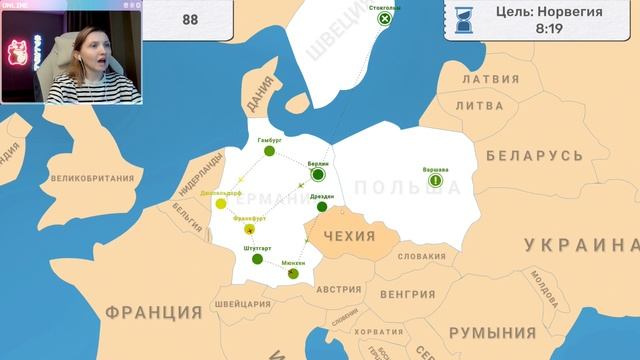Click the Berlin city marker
(318, 174)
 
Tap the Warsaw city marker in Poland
(435, 182)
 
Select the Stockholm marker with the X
(383, 19)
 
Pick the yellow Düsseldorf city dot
(221, 204)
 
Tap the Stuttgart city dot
(257, 259)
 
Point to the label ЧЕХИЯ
(349, 237)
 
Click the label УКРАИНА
(580, 246)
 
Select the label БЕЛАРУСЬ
(534, 156)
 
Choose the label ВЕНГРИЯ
(408, 294)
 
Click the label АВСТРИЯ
(338, 289)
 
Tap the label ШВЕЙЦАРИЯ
(242, 304)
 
